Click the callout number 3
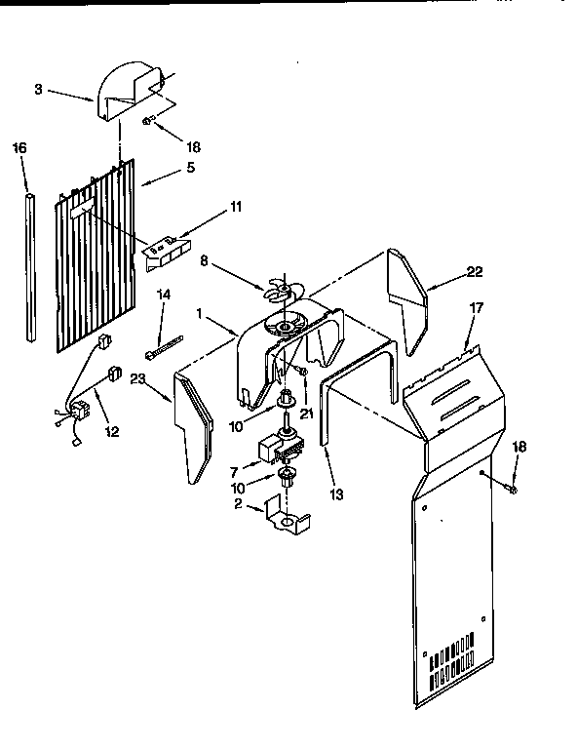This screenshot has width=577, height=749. [x=37, y=89]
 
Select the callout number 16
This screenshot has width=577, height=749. [x=19, y=148]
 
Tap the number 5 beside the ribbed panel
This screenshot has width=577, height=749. [x=190, y=167]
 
